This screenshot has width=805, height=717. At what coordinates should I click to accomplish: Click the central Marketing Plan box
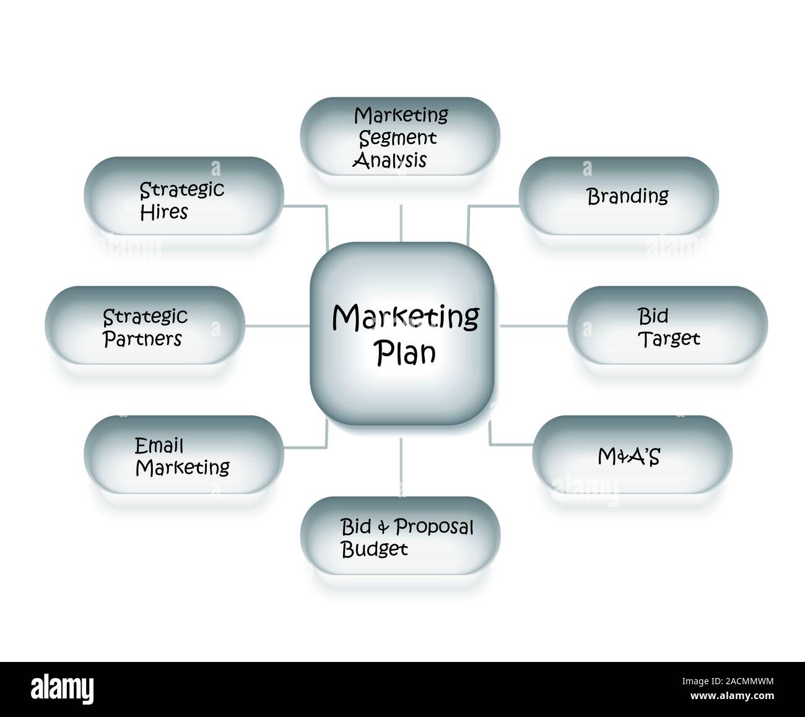point(402,334)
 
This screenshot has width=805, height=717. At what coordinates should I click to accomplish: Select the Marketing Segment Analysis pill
point(400,137)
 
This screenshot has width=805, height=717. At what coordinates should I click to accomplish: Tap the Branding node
point(618,196)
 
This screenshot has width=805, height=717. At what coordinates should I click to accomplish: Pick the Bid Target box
point(668,326)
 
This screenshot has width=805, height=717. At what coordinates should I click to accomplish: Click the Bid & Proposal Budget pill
point(400,537)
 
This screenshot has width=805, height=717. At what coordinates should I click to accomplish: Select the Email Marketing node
point(184,455)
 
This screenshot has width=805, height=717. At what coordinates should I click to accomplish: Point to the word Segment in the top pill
point(398,137)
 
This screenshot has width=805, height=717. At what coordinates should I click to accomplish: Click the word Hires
point(163,212)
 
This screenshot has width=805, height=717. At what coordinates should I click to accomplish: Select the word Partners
point(142,338)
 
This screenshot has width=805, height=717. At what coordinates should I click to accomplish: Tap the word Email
point(159,445)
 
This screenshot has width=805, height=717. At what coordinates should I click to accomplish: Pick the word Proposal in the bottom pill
point(434,527)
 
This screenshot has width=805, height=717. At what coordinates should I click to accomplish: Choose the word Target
point(669,338)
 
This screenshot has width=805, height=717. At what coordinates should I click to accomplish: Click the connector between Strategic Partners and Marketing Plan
point(277,325)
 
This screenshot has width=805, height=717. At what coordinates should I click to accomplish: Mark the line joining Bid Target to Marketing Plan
point(534,325)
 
